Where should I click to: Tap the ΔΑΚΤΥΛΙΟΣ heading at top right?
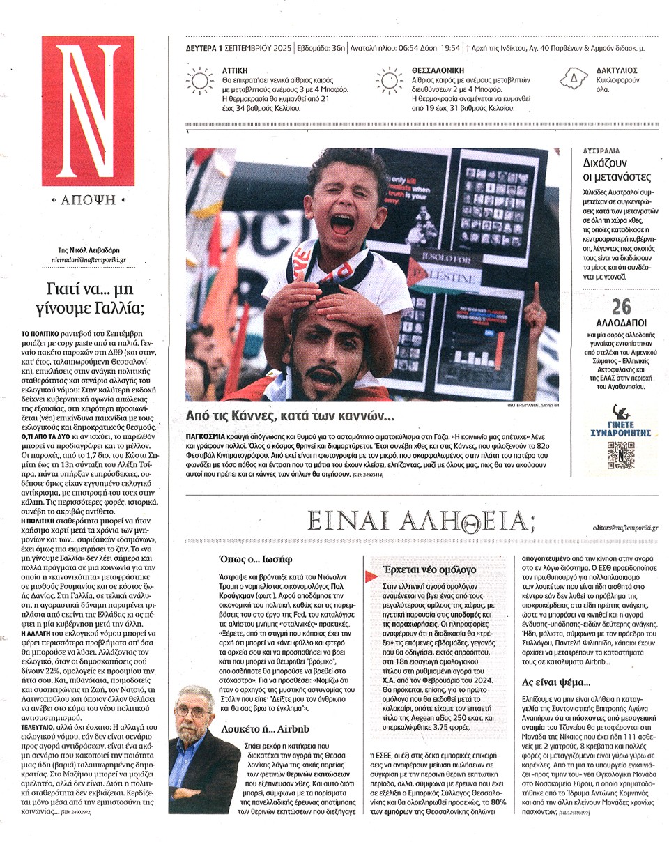pos(616,70)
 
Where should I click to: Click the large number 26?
pos(620,307)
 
